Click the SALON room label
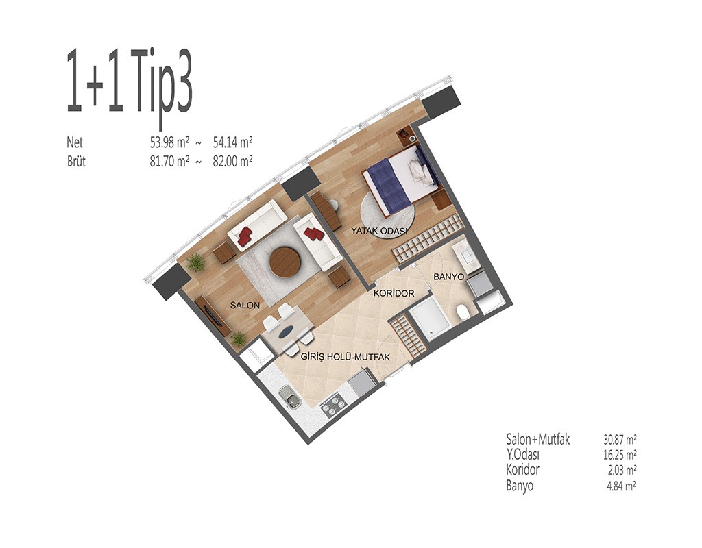[245, 306]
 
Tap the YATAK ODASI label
[378, 232]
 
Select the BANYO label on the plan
[448, 277]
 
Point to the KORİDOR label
[394, 293]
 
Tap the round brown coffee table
[285, 262]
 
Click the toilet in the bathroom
[463, 312]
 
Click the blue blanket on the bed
[388, 187]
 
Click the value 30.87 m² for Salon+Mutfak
[620, 439]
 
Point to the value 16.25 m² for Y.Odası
[620, 455]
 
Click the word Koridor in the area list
[522, 470]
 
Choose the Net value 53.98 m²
[169, 142]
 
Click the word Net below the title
[75, 142]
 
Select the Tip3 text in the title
[162, 91]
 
